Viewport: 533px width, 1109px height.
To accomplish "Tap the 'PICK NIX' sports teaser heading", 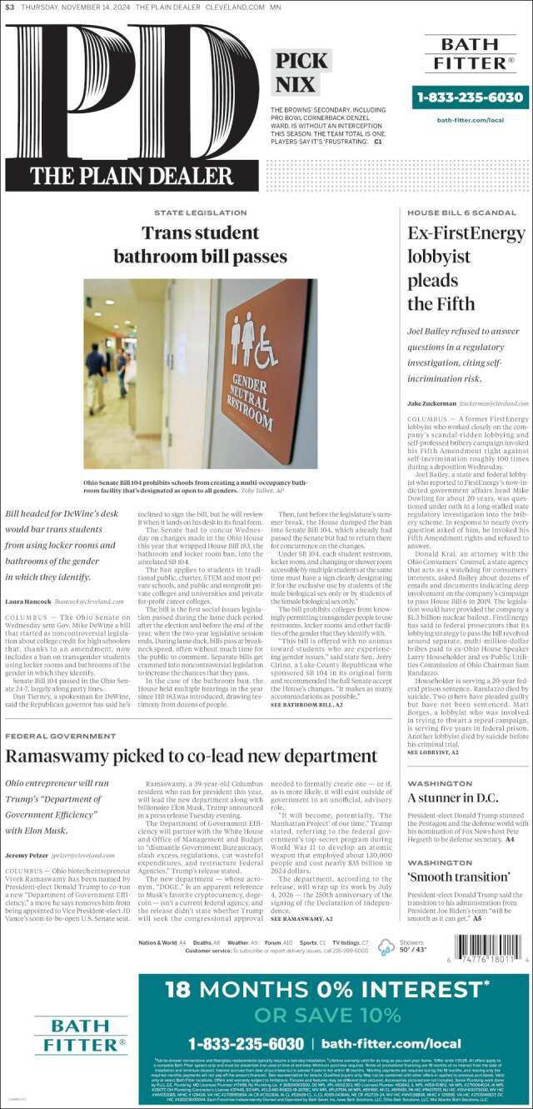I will pyautogui.click(x=301, y=72).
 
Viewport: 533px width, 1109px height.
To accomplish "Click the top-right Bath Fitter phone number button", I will pyautogui.click(x=470, y=97).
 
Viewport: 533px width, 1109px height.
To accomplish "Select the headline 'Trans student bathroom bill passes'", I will pyautogui.click(x=200, y=244).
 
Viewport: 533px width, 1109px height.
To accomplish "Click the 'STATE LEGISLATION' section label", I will pyautogui.click(x=200, y=213).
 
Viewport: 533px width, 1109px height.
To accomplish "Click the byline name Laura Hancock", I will pyautogui.click(x=28, y=601).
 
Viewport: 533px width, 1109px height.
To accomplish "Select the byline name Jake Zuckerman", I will pyautogui.click(x=431, y=402).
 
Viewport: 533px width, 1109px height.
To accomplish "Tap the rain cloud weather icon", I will pyautogui.click(x=386, y=947).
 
